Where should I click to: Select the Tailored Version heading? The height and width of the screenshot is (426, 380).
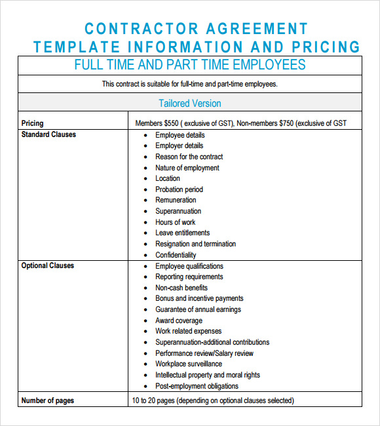[190, 104]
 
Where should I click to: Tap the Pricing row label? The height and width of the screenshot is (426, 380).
[32, 123]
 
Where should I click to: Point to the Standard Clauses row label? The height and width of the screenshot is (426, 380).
[48, 134]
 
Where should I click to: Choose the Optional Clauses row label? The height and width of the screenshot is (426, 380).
[47, 265]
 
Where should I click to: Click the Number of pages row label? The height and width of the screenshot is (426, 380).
[47, 400]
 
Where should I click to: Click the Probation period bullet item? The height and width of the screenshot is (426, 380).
[179, 189]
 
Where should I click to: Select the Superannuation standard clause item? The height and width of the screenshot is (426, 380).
[178, 211]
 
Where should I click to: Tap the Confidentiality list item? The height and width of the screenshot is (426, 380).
[176, 255]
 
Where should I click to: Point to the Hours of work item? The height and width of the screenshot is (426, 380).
[176, 222]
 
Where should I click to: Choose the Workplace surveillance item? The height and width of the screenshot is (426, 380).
[189, 364]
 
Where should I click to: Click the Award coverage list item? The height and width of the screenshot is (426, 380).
[179, 320]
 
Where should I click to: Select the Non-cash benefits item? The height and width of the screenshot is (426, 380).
[181, 288]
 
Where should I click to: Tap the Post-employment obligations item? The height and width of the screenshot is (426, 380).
[197, 386]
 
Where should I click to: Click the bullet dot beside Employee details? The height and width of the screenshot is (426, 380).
[145, 135]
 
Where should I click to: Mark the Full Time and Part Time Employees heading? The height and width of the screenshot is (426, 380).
[190, 65]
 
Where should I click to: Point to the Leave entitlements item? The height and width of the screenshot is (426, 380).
[182, 233]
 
